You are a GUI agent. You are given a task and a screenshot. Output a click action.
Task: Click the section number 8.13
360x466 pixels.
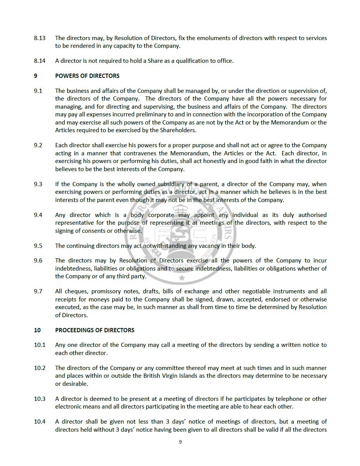pyautogui.click(x=39, y=38)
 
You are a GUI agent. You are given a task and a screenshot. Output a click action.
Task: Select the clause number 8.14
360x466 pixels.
pyautogui.click(x=39, y=61)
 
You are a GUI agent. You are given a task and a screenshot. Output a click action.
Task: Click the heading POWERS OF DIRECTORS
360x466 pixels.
pyautogui.click(x=87, y=76)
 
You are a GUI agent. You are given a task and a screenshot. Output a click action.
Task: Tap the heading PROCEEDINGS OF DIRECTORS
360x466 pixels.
pyautogui.click(x=95, y=330)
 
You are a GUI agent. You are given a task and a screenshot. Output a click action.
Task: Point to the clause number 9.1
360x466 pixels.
pyautogui.click(x=38, y=91)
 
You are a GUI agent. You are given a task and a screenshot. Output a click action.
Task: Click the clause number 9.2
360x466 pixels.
pyautogui.click(x=38, y=145)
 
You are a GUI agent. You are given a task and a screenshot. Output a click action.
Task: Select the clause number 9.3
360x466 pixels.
pyautogui.click(x=38, y=184)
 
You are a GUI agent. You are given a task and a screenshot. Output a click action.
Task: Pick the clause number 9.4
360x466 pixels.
pyautogui.click(x=38, y=215)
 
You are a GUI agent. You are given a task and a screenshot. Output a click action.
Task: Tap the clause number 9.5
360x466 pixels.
pyautogui.click(x=38, y=246)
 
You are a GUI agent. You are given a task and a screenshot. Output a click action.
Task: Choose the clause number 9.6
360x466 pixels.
pyautogui.click(x=38, y=261)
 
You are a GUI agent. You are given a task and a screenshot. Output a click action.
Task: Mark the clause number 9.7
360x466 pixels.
pyautogui.click(x=38, y=291)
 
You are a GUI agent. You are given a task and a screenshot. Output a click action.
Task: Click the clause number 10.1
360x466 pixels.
pyautogui.click(x=39, y=345)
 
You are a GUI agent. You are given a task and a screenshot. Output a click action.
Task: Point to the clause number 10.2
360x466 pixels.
pyautogui.click(x=39, y=368)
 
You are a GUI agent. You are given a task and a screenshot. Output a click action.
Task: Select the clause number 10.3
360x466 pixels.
pyautogui.click(x=39, y=399)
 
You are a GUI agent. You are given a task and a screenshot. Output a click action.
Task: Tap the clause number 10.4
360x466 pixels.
pyautogui.click(x=39, y=422)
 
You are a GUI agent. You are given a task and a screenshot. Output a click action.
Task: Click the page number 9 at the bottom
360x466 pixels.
pyautogui.click(x=180, y=442)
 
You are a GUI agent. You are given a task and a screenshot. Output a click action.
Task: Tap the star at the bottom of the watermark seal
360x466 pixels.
pyautogui.click(x=182, y=278)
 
